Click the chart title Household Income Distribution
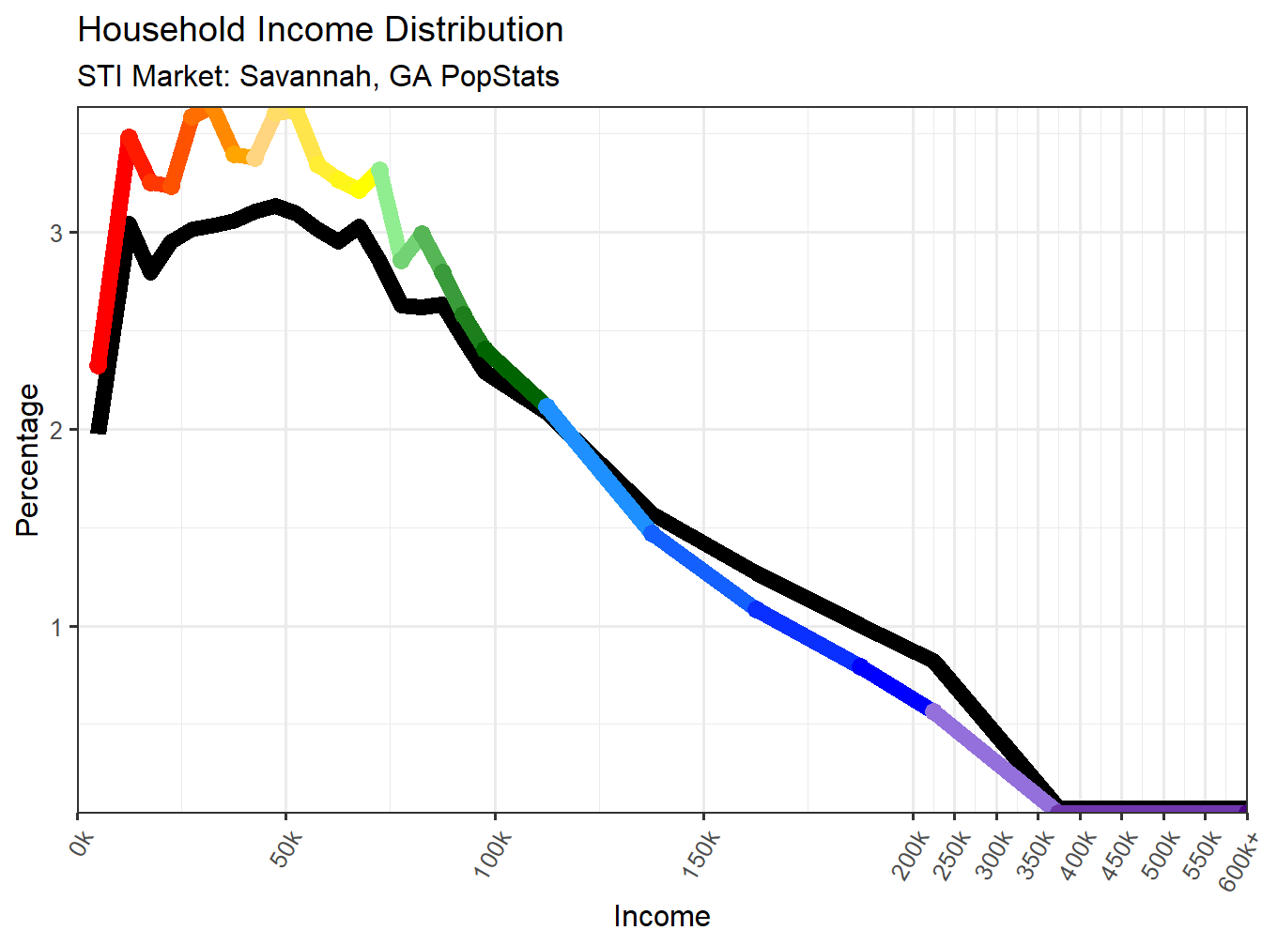click(320, 30)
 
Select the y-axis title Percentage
click(28, 460)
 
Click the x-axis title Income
click(662, 916)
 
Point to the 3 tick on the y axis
click(57, 233)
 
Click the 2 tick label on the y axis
click(57, 430)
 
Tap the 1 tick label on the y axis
click(57, 627)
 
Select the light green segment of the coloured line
click(391, 217)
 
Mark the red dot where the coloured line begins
click(99, 365)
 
